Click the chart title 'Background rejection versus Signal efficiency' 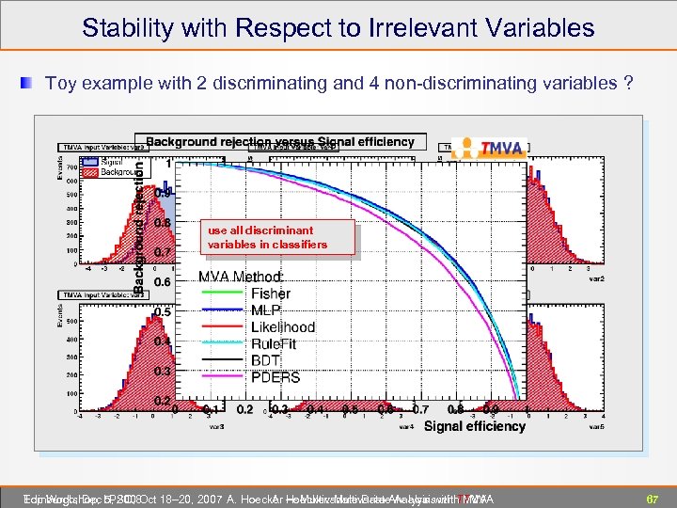tap(279, 142)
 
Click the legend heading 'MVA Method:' tap(240, 277)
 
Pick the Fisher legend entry tap(270, 294)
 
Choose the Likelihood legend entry tap(282, 327)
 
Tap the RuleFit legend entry tap(273, 344)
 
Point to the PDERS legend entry tap(276, 377)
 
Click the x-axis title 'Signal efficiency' tap(475, 426)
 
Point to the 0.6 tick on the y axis tap(162, 281)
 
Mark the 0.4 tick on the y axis tap(162, 341)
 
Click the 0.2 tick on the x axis tap(245, 410)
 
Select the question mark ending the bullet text tap(627, 84)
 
